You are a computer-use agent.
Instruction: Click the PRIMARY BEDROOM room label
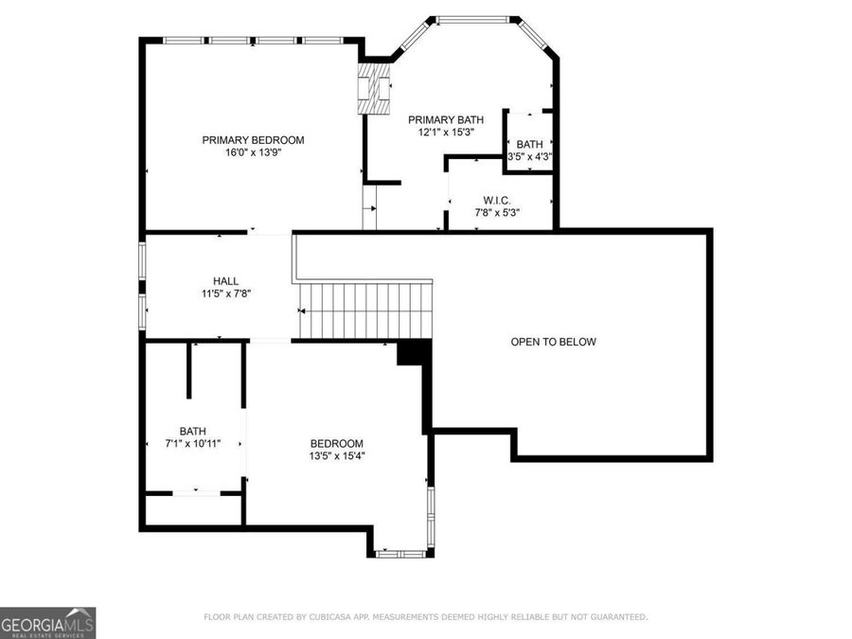(253, 140)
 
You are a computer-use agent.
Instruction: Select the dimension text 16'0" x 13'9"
(253, 151)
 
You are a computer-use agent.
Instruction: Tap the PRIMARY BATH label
(445, 119)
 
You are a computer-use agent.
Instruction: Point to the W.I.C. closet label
(497, 201)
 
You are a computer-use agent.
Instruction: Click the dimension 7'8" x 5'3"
(497, 213)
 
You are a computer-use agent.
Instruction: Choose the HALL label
(225, 281)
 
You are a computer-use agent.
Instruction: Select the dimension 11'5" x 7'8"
(225, 293)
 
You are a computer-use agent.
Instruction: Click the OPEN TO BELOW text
(553, 342)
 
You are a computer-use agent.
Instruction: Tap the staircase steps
(365, 311)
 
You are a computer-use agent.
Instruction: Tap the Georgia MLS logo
(47, 623)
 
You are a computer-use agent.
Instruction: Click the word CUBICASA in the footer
(325, 617)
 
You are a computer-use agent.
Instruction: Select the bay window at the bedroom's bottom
(402, 552)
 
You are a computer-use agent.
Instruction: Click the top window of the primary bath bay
(473, 18)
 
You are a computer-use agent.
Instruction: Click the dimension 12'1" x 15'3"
(445, 133)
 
